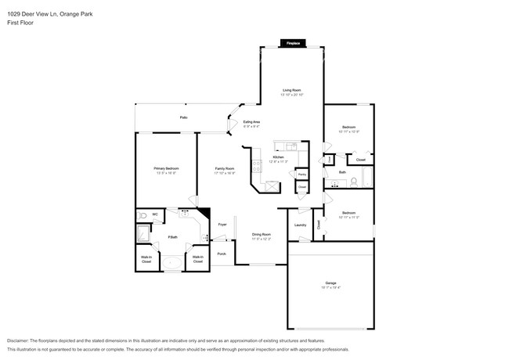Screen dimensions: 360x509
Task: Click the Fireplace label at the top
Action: (x=293, y=43)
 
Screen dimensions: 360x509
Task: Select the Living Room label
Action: (x=293, y=91)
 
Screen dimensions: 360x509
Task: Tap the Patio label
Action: (x=183, y=117)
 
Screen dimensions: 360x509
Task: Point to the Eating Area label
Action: (x=251, y=122)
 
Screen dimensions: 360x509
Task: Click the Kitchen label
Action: (x=278, y=157)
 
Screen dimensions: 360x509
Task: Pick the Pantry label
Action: (x=301, y=175)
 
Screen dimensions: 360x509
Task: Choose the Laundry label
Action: (x=300, y=225)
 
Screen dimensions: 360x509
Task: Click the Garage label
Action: (x=330, y=283)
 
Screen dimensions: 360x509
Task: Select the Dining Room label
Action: (x=261, y=235)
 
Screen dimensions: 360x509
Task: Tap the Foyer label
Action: (x=222, y=224)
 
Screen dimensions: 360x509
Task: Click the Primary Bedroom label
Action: (x=166, y=169)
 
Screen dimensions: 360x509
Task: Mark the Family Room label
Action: (x=226, y=169)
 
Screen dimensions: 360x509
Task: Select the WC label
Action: (x=155, y=214)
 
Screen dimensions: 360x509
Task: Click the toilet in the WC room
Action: (x=142, y=214)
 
